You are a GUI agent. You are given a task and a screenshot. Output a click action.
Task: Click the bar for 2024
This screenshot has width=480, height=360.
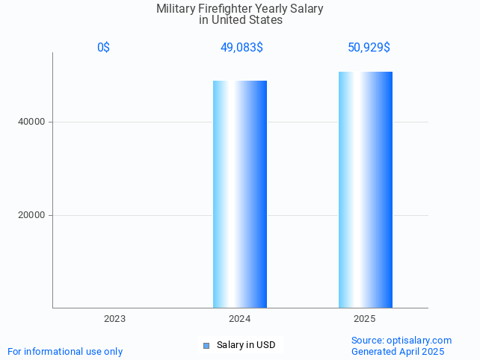[240, 194]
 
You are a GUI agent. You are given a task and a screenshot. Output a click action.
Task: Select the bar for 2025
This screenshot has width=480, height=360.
[366, 190]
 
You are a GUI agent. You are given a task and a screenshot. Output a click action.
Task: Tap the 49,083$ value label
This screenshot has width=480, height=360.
[241, 48]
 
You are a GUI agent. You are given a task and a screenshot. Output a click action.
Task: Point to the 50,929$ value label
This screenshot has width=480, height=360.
[369, 48]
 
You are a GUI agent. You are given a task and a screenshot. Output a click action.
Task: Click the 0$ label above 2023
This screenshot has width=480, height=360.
[103, 48]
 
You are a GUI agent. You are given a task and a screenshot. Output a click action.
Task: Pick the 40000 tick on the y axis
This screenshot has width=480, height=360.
[31, 122]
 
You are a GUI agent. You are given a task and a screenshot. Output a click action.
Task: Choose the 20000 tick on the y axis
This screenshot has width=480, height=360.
[31, 215]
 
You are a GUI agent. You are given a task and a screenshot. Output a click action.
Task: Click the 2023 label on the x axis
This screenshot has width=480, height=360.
[114, 319]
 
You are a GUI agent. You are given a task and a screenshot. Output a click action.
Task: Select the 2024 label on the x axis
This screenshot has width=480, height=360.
[240, 319]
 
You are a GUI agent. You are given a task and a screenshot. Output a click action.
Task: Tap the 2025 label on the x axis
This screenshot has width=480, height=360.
[365, 319]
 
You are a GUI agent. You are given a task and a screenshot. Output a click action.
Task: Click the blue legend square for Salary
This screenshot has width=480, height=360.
[206, 345]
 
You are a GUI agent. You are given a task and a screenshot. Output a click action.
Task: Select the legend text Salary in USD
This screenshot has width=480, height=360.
[246, 345]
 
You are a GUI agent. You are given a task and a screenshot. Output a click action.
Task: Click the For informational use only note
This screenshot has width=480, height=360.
[65, 352]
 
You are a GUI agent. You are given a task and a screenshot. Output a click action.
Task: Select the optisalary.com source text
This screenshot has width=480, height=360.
[401, 341]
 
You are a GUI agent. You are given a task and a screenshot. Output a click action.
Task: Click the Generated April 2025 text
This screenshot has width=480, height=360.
[398, 352]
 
